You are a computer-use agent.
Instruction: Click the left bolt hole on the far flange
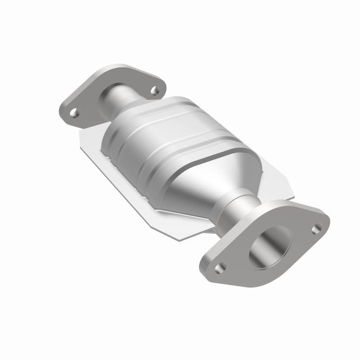75,113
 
